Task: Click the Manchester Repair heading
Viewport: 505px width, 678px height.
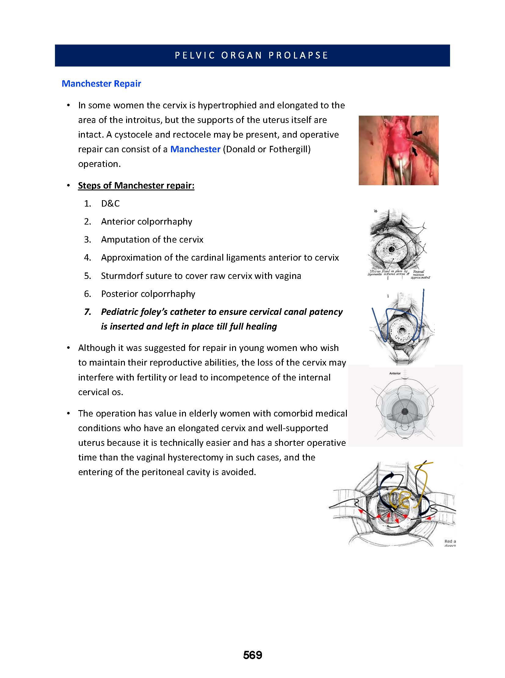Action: (101, 84)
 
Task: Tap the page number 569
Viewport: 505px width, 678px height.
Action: (252, 655)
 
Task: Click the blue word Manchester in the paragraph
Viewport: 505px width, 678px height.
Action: (195, 150)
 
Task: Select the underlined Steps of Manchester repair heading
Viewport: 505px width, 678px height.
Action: (136, 186)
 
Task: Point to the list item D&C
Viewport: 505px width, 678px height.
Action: (110, 204)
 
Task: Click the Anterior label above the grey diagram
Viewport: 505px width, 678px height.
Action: (395, 373)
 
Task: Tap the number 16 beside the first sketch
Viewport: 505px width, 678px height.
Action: (375, 211)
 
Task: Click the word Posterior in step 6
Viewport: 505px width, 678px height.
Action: (118, 294)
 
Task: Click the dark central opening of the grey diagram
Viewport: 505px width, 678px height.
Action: (405, 411)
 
